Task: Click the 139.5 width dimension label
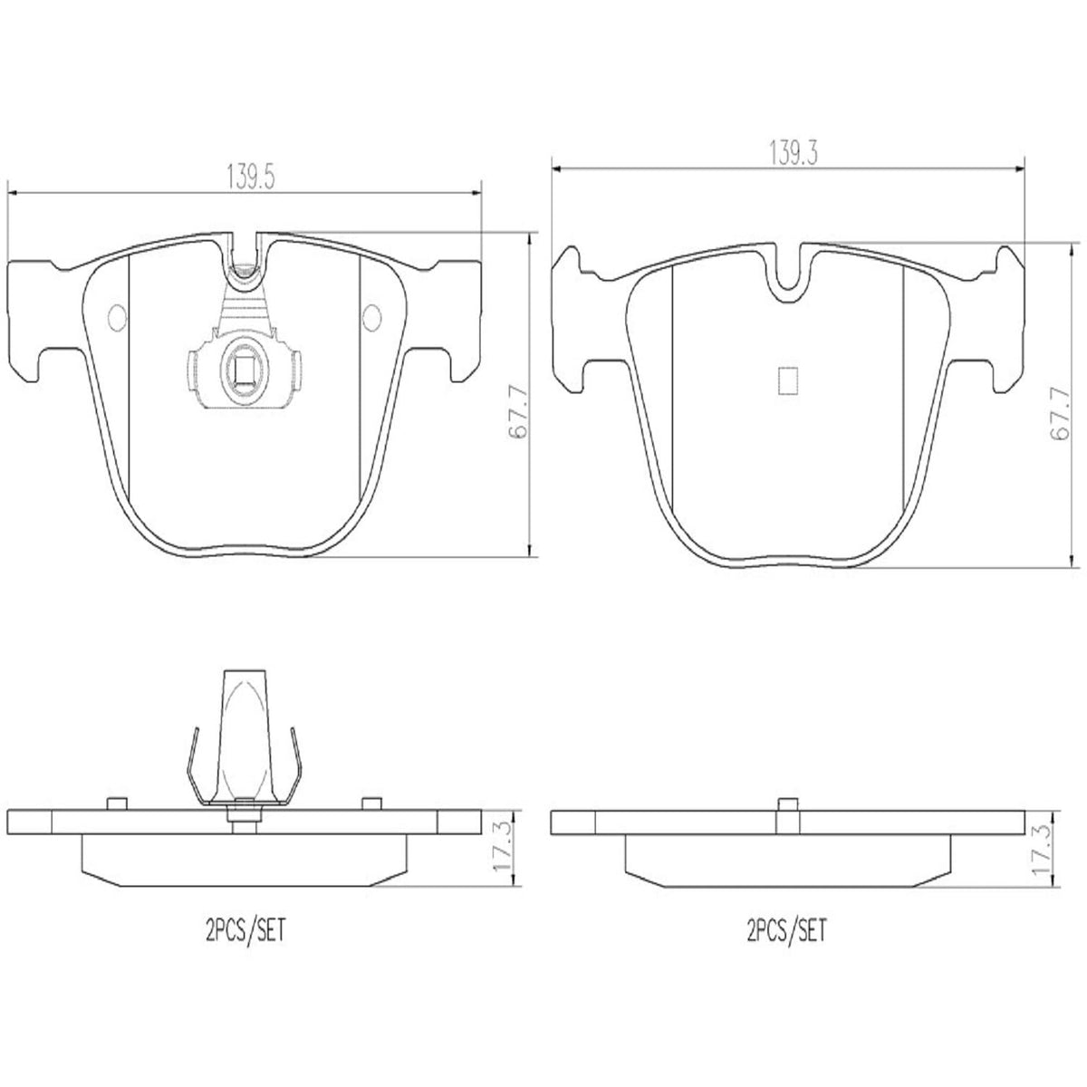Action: [x=250, y=177]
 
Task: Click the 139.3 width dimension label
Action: [x=794, y=152]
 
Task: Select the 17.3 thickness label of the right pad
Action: [x=1042, y=851]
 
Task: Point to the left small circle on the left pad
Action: [x=118, y=318]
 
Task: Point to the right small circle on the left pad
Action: [x=371, y=318]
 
